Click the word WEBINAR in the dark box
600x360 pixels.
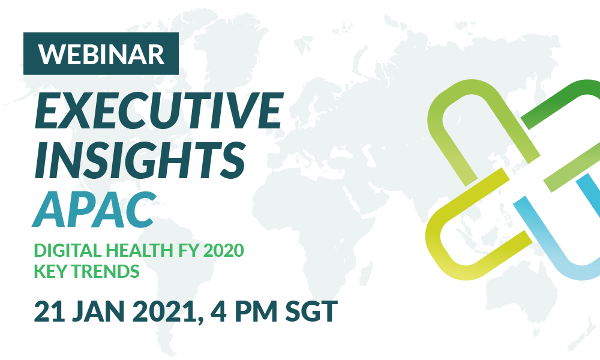coord(101,55)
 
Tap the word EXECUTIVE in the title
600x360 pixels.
coord(159,110)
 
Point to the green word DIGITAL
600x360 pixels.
coord(68,251)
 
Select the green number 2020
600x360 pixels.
coord(223,251)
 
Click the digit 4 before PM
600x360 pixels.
coord(219,311)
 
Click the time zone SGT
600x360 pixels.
coord(311,311)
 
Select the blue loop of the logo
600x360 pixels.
coord(551,248)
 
